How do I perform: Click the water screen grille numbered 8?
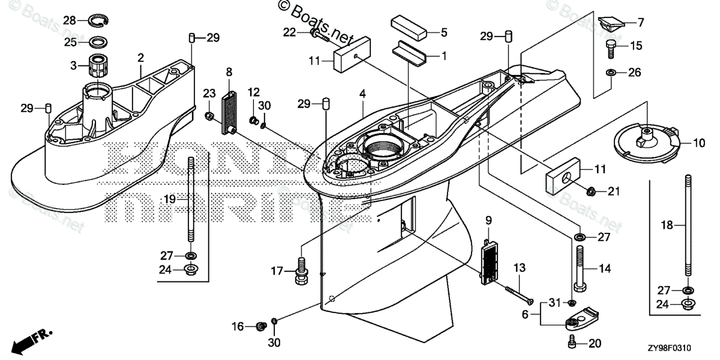[228, 112]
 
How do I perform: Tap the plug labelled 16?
[260, 326]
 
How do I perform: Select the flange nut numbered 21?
[590, 192]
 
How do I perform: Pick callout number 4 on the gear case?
[362, 94]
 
